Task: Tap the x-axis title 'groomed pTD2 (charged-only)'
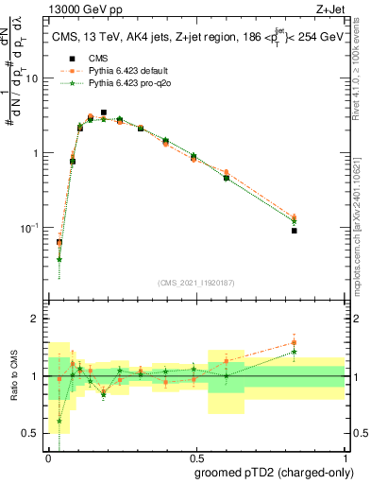pyautogui.click(x=273, y=472)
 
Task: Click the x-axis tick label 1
pyautogui.click(x=345, y=458)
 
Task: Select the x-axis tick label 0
pyautogui.click(x=47, y=458)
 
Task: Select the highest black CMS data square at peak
pyautogui.click(x=104, y=112)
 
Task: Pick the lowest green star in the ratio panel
pyautogui.click(x=59, y=421)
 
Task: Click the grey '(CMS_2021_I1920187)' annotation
pyautogui.click(x=196, y=281)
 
